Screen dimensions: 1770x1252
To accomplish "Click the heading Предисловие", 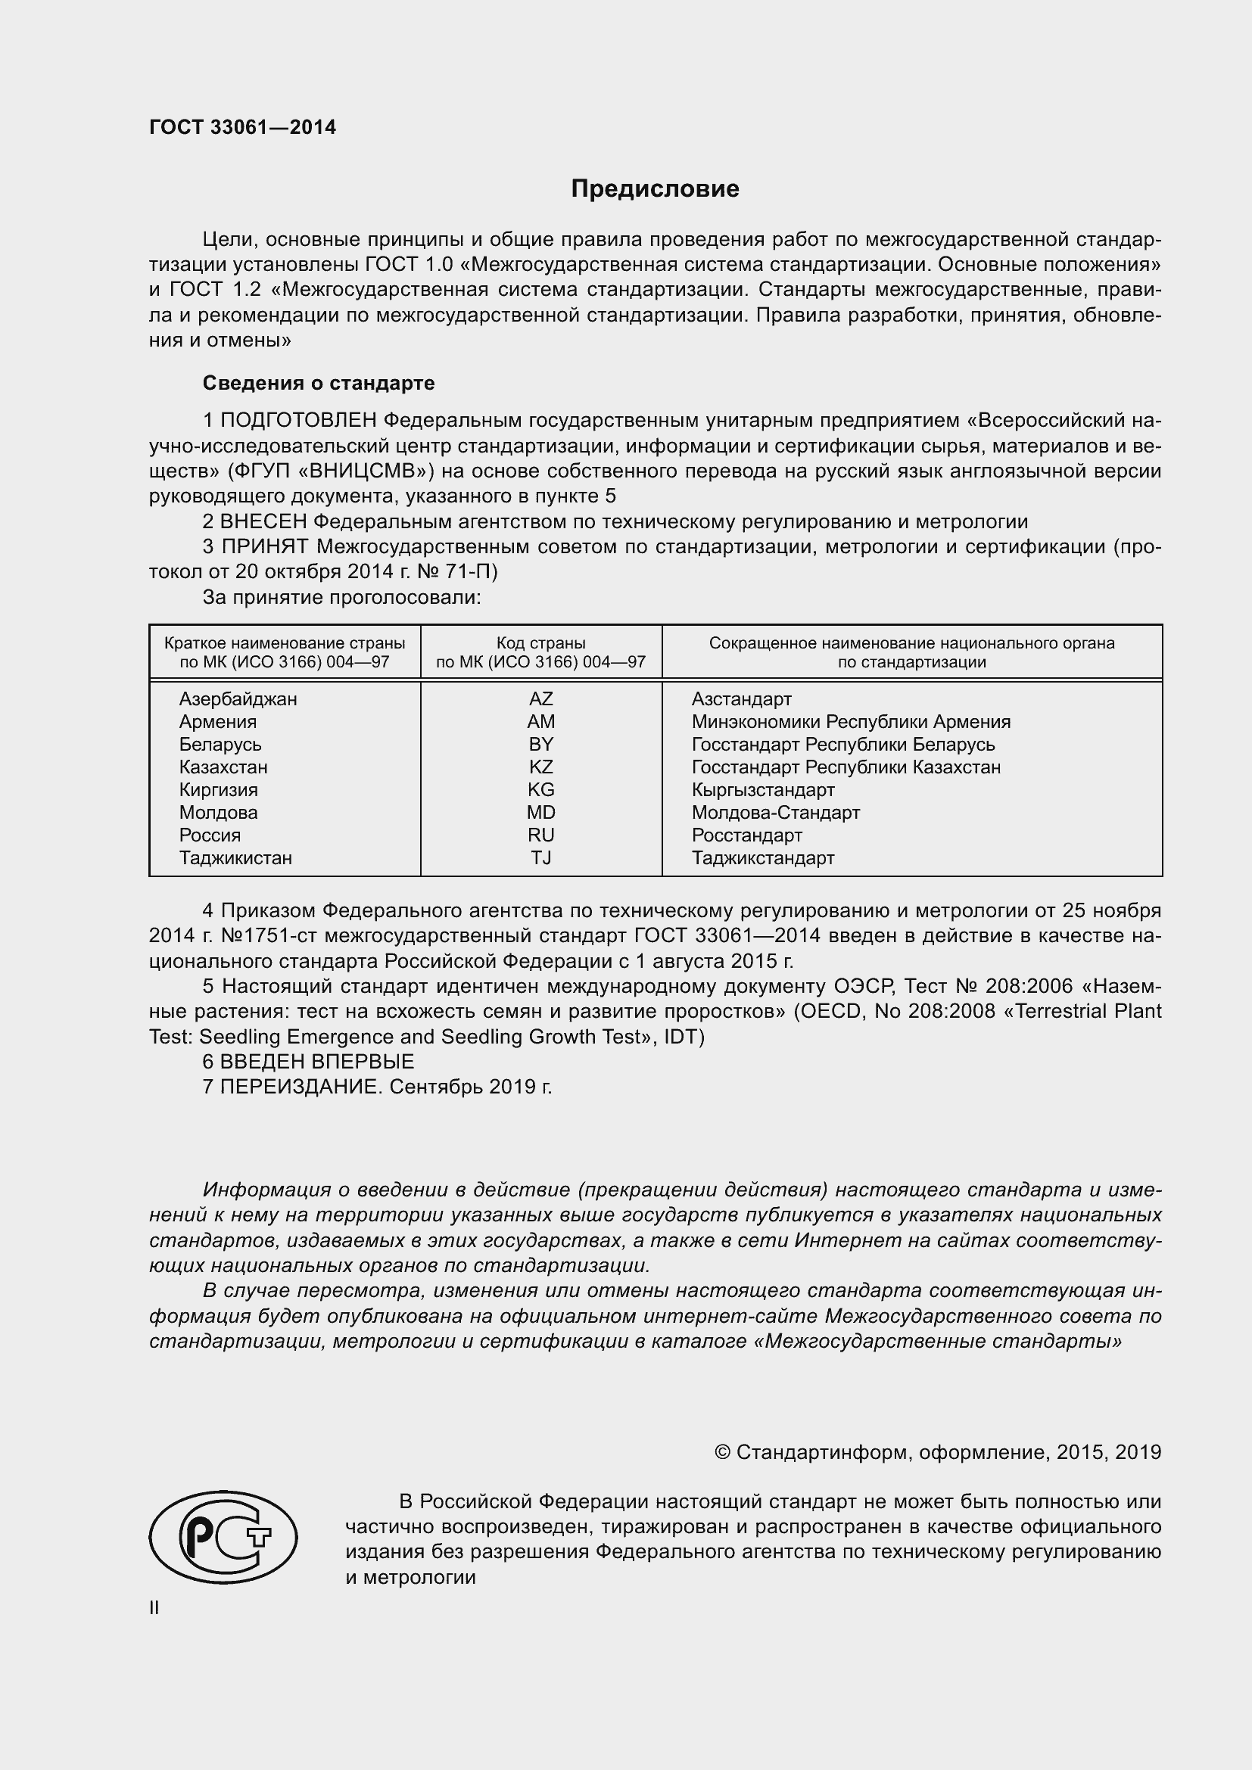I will (x=655, y=189).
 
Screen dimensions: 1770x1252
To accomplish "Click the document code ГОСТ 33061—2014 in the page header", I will (x=242, y=128).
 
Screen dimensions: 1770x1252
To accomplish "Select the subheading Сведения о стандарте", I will (x=319, y=383).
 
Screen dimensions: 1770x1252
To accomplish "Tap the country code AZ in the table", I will (x=540, y=699).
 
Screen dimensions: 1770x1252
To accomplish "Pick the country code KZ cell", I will (x=540, y=767).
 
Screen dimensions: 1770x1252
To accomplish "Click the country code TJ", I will (x=540, y=858).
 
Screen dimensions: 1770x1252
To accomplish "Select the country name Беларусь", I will (x=220, y=745).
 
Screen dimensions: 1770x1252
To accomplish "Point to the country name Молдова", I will (x=218, y=813).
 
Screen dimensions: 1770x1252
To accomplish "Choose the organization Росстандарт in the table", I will (x=746, y=835).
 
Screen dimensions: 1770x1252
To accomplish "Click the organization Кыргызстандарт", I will (x=762, y=790).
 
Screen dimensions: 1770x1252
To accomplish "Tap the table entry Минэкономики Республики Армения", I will (x=850, y=723).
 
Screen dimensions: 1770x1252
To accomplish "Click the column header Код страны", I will (x=540, y=643).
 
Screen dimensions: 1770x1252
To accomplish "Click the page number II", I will (x=154, y=1608).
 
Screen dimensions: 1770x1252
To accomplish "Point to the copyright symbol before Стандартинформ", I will (x=722, y=1453).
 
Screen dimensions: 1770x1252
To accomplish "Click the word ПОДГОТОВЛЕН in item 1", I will (x=299, y=421).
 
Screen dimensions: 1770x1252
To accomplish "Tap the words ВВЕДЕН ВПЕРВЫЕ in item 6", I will (x=317, y=1062).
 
